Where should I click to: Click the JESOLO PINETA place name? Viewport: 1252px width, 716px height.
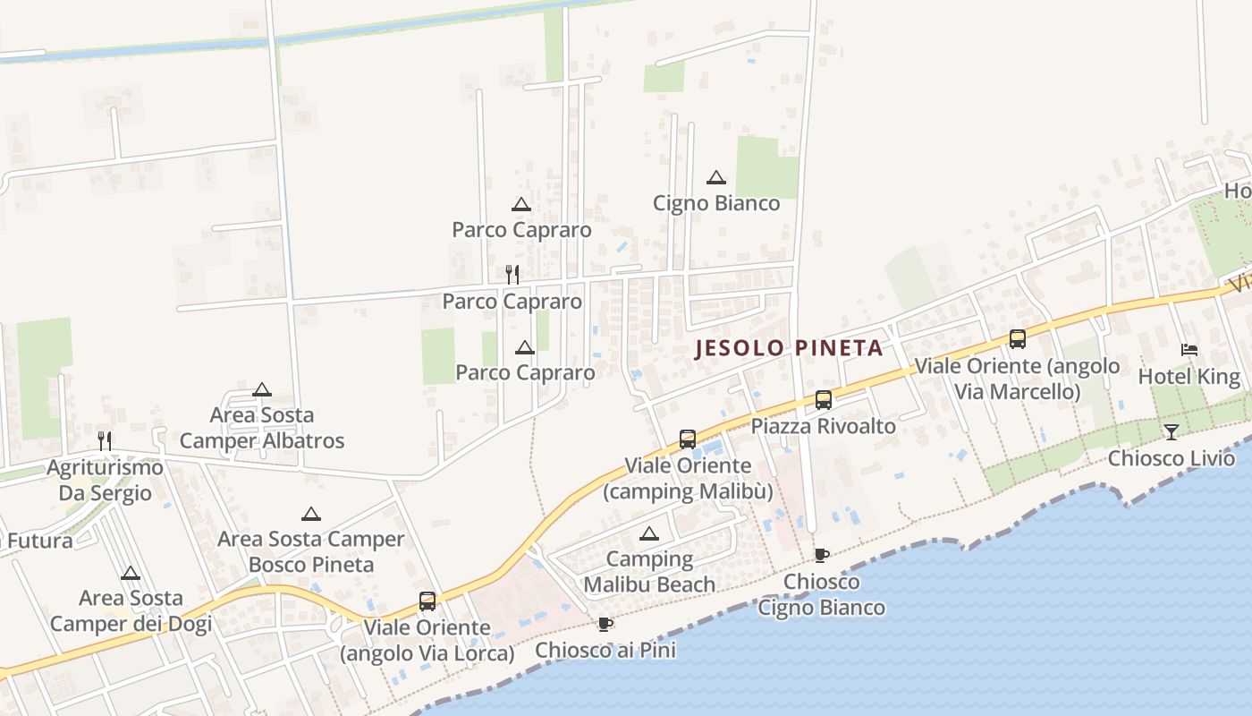click(x=789, y=348)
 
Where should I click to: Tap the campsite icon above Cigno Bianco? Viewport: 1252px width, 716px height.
click(x=715, y=177)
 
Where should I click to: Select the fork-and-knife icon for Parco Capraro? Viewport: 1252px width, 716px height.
click(x=512, y=274)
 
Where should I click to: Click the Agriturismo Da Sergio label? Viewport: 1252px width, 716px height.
click(x=105, y=480)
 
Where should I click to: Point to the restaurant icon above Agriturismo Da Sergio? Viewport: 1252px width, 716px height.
click(x=105, y=440)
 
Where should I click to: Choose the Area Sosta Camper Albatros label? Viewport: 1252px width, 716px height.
click(x=261, y=428)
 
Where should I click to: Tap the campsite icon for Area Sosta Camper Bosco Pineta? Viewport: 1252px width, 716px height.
click(x=310, y=514)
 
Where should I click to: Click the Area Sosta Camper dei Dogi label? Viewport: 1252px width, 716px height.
click(x=131, y=610)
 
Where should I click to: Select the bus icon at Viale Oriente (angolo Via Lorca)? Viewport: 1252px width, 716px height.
click(x=427, y=601)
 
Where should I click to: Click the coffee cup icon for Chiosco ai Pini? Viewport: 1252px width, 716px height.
click(x=605, y=624)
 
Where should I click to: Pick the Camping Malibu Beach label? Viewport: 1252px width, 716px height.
click(x=649, y=572)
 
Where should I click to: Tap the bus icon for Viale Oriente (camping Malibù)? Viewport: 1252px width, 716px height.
click(x=687, y=439)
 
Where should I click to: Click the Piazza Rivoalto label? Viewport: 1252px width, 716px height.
click(x=823, y=426)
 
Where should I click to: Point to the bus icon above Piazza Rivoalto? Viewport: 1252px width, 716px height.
click(x=823, y=400)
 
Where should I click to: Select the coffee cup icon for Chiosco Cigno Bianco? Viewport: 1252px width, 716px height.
click(x=822, y=555)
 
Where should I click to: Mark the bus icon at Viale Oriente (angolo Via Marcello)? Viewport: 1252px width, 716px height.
click(x=1017, y=339)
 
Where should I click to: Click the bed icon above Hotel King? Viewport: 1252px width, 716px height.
click(x=1189, y=349)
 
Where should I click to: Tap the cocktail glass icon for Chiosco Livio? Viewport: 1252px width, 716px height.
click(x=1171, y=432)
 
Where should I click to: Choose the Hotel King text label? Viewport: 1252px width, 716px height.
click(x=1189, y=377)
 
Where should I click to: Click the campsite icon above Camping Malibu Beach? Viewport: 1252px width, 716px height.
click(x=649, y=534)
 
